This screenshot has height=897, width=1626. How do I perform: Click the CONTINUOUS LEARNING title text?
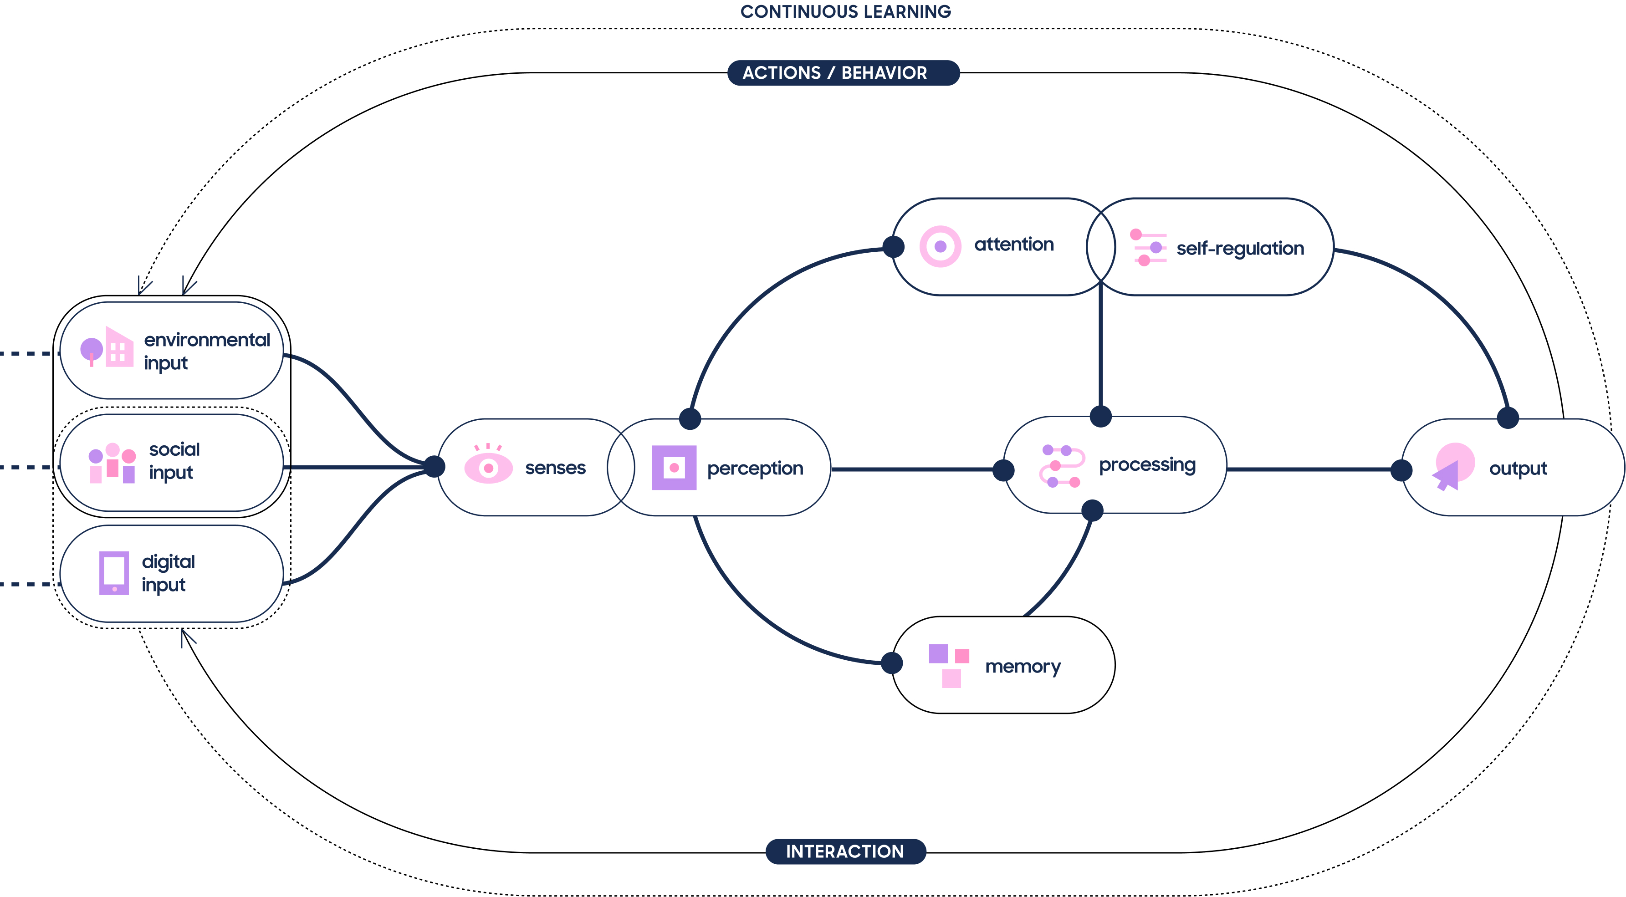[x=845, y=11]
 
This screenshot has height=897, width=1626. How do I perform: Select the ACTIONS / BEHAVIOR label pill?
[x=844, y=72]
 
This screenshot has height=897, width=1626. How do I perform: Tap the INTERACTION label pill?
[x=845, y=851]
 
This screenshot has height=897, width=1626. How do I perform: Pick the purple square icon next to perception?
[x=674, y=468]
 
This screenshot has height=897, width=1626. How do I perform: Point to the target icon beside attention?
[x=941, y=246]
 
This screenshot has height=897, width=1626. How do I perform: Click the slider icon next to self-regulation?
[x=1148, y=247]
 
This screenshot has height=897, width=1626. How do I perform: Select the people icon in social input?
[x=112, y=463]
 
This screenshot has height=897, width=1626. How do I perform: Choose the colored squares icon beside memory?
[x=949, y=665]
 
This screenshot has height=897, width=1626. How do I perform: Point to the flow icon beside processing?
[x=1062, y=466]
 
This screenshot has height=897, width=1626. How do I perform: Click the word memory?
[x=1023, y=667]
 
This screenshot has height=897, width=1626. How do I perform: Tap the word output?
[x=1518, y=469]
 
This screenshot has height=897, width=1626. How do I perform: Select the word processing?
[x=1147, y=465]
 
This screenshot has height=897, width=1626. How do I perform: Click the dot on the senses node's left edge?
[x=434, y=467]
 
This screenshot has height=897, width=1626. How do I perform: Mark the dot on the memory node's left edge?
[x=891, y=663]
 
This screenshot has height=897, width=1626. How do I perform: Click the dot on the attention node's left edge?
[x=893, y=247]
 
